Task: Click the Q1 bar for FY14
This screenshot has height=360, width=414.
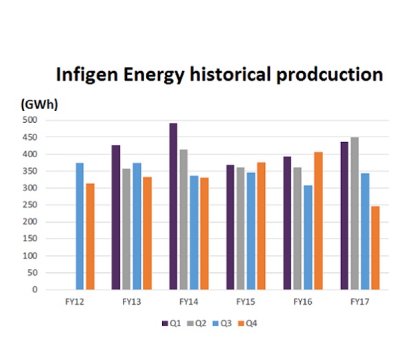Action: click(173, 206)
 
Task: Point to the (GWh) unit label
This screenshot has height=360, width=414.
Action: click(39, 105)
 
